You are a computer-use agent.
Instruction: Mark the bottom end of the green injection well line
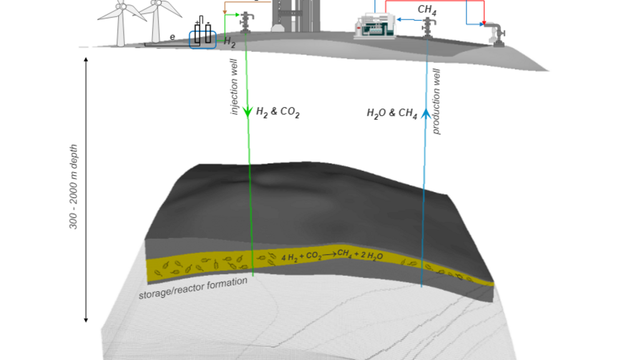click(x=253, y=276)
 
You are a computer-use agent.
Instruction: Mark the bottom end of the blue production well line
click(x=421, y=287)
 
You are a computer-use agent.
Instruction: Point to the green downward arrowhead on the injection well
click(x=247, y=112)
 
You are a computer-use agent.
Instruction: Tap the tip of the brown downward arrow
click(x=225, y=14)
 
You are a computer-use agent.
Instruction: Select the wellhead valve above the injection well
click(x=246, y=22)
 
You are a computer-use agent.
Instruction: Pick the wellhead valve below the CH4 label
click(x=428, y=27)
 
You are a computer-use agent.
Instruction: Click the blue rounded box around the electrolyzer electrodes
click(x=203, y=39)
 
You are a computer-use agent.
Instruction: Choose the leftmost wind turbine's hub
click(x=121, y=6)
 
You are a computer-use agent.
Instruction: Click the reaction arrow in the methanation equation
click(x=329, y=255)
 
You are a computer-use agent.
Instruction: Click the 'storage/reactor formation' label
click(x=193, y=288)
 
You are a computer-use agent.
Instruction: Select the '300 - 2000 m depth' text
click(x=73, y=187)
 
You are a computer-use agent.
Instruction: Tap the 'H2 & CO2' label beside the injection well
click(x=278, y=112)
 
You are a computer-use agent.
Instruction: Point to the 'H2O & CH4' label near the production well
click(x=392, y=113)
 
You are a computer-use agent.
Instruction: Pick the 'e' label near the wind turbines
click(x=172, y=37)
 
